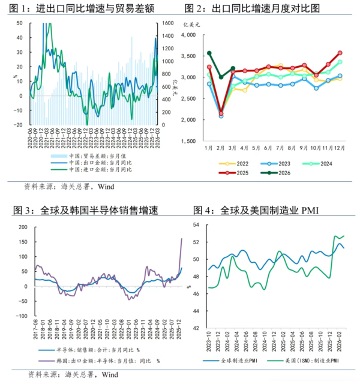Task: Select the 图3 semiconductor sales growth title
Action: click(x=87, y=211)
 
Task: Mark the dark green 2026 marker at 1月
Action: click(x=209, y=53)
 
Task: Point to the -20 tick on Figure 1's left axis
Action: click(x=19, y=125)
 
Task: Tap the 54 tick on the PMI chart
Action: click(x=196, y=224)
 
